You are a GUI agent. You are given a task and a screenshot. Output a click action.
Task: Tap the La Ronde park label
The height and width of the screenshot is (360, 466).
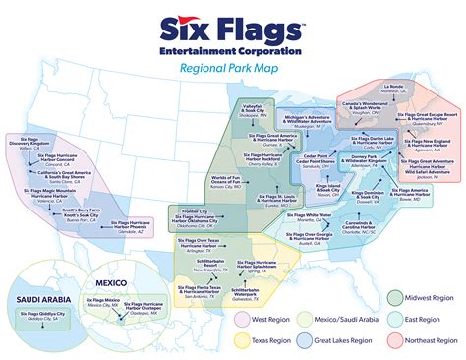click(393, 87)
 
